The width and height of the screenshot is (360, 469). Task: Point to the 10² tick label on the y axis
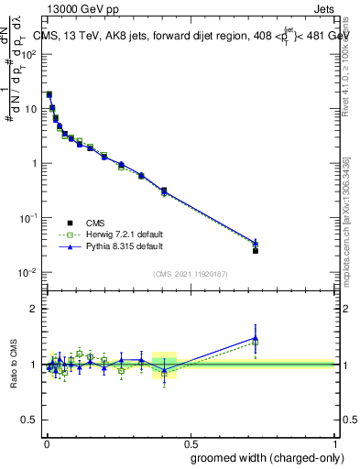(29, 54)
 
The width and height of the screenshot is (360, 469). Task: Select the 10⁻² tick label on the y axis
(29, 273)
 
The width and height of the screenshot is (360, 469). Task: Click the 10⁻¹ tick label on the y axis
(29, 218)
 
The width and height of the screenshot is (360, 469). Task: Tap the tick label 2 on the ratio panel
(34, 309)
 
